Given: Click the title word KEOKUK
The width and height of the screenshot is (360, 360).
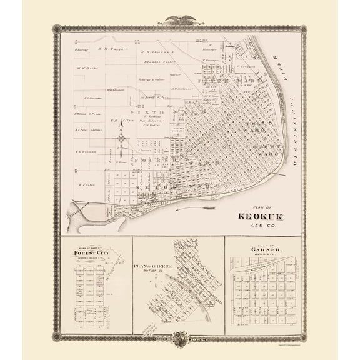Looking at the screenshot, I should (x=260, y=217).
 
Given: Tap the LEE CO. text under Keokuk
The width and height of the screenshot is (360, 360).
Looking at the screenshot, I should (x=260, y=226).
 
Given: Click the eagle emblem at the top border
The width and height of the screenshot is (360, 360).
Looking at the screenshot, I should (x=179, y=20).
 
